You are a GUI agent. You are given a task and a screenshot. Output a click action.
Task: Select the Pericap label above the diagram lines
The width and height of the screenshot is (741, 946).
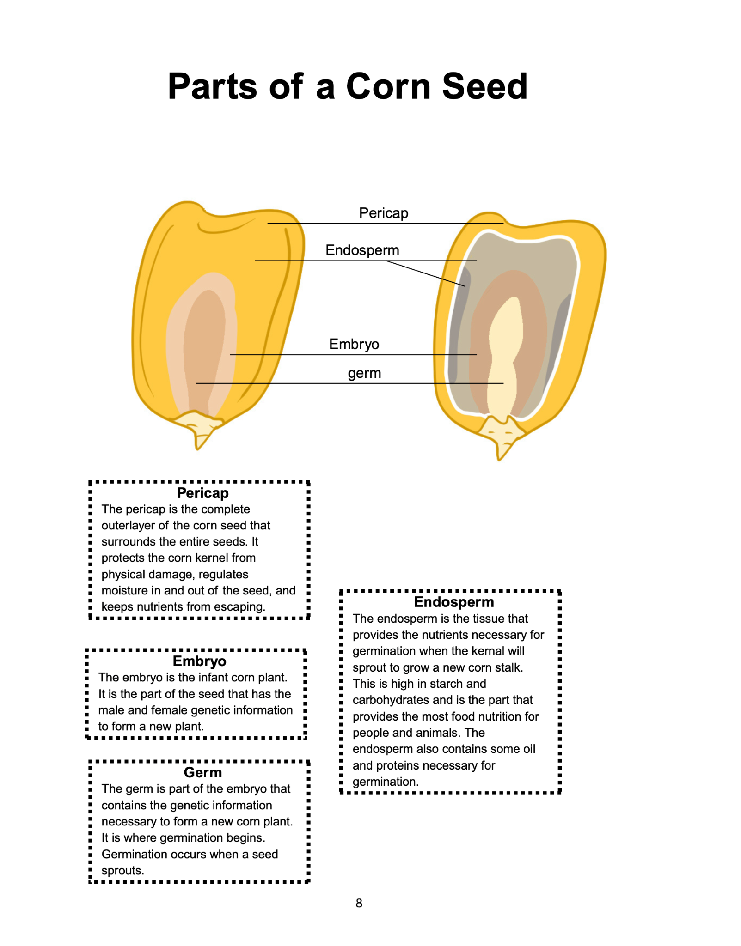pyautogui.click(x=383, y=213)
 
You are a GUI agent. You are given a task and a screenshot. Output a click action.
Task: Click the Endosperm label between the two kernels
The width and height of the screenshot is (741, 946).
pyautogui.click(x=362, y=250)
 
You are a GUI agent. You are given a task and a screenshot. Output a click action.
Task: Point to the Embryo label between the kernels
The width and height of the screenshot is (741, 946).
pyautogui.click(x=354, y=344)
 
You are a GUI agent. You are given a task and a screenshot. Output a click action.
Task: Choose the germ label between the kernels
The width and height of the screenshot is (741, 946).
pyautogui.click(x=364, y=373)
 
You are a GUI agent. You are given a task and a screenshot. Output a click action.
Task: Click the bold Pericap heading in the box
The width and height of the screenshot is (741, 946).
pyautogui.click(x=202, y=493)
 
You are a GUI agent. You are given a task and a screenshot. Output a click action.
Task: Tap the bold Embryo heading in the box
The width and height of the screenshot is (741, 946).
pyautogui.click(x=199, y=661)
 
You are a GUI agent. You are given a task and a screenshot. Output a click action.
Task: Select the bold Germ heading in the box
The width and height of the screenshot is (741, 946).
pyautogui.click(x=202, y=772)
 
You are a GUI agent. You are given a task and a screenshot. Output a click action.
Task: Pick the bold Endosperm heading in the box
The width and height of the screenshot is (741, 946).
pyautogui.click(x=453, y=602)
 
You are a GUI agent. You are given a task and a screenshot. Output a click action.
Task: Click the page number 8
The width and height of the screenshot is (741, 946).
pyautogui.click(x=359, y=903)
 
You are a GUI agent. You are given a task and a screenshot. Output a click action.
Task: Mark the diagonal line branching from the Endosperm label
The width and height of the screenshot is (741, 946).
pyautogui.click(x=425, y=273)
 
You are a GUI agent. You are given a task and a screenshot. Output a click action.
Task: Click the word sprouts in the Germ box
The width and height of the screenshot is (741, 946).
pyautogui.click(x=122, y=871)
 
